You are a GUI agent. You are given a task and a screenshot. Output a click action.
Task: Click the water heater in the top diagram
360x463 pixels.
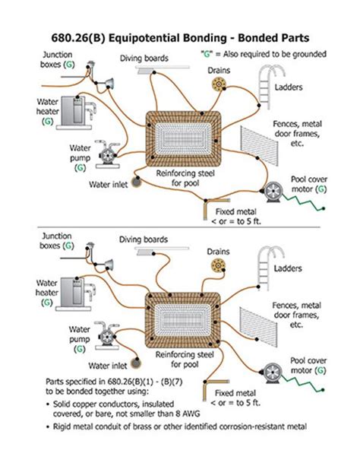click(76, 113)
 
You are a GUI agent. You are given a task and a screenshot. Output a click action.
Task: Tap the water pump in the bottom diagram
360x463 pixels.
click(107, 335)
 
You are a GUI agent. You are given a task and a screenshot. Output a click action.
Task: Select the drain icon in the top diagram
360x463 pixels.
click(219, 84)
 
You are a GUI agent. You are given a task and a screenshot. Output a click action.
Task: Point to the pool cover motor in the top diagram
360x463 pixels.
click(273, 192)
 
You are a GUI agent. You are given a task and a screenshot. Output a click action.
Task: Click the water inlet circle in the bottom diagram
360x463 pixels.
click(136, 363)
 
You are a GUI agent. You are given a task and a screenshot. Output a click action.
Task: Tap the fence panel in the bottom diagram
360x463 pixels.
click(258, 327)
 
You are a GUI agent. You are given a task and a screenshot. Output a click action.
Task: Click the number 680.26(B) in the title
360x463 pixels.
click(78, 38)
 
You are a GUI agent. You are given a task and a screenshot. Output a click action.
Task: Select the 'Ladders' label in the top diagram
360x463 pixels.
click(289, 87)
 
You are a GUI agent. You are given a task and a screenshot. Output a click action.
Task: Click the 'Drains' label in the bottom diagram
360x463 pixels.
click(218, 252)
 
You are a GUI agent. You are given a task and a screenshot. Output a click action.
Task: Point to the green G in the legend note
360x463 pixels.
click(207, 54)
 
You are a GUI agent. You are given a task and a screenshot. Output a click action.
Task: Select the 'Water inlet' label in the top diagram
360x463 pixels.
click(109, 185)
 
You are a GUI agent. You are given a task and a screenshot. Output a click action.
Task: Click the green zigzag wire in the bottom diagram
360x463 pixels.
click(302, 383)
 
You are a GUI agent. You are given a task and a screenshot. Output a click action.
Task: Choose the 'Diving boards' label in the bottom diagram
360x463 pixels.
click(144, 239)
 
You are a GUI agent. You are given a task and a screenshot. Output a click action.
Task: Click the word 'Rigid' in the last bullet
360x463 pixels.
click(62, 427)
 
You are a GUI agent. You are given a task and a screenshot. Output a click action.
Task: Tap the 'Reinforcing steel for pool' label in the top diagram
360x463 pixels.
click(185, 178)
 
